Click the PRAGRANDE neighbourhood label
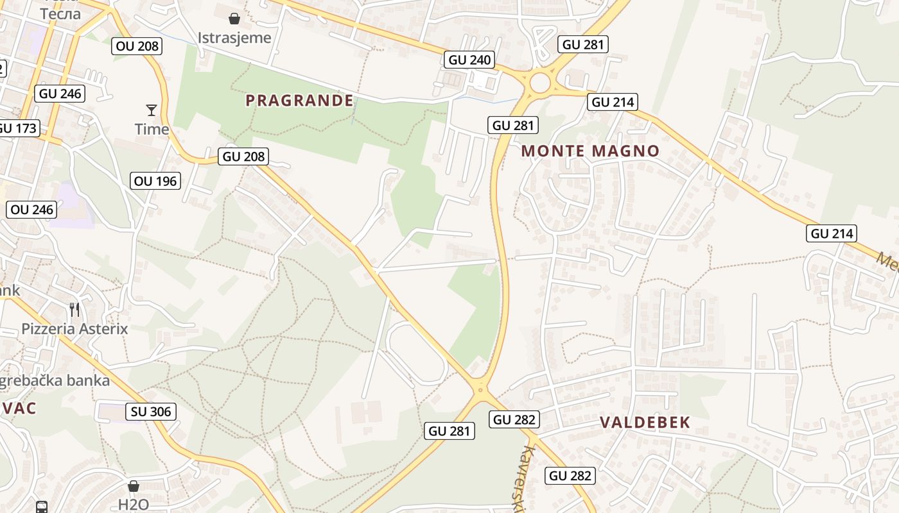coord(299,101)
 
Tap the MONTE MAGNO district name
coord(590,151)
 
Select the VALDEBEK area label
coord(645,422)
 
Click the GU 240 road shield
coord(470,60)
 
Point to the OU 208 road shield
coord(137,46)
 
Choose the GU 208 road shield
coord(243,156)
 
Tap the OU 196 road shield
coord(155,181)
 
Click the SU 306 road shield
coord(151,412)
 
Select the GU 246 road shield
coord(60,94)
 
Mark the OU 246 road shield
coord(32,210)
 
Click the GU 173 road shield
coord(18,128)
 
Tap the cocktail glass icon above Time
coord(152,110)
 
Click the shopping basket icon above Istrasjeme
coord(234,19)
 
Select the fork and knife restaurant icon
coord(74,310)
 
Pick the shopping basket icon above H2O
coord(134,486)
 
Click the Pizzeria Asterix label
coord(74,330)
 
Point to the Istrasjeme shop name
coord(234,37)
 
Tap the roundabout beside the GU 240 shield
coord(540,82)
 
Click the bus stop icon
coord(42,507)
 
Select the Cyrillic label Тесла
coord(60,13)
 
